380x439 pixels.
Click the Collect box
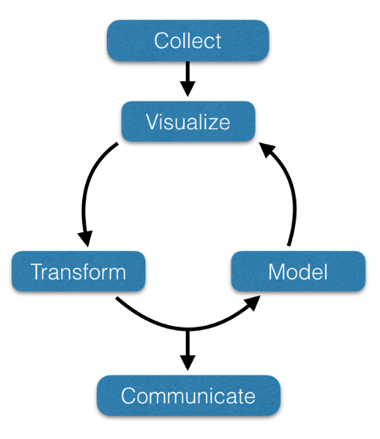188,40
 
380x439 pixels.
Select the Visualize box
188,122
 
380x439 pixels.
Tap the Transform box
78,271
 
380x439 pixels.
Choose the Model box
298,271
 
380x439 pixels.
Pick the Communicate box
188,396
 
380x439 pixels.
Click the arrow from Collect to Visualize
187,79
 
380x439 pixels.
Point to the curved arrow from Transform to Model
187,329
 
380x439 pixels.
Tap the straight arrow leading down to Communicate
187,350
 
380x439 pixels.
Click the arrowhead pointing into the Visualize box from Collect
187,89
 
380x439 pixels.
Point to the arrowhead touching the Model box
253,303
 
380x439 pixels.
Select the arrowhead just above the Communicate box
187,363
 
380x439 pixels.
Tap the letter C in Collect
163,40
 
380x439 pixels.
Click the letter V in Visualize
153,122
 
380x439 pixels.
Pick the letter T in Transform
38,271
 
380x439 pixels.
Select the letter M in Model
278,272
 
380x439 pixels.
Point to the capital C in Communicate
129,396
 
